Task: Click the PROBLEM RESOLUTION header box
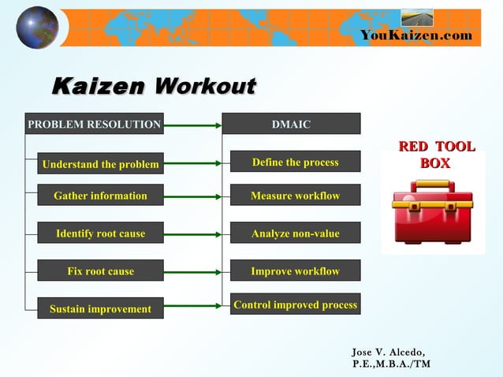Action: pyautogui.click(x=95, y=124)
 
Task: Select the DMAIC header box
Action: pyautogui.click(x=291, y=124)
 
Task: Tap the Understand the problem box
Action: pyautogui.click(x=100, y=164)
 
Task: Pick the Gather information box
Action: pyautogui.click(x=100, y=195)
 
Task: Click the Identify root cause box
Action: pyautogui.click(x=100, y=233)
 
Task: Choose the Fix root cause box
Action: pyautogui.click(x=100, y=271)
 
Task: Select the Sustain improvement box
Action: pyautogui.click(x=100, y=308)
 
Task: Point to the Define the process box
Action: pyautogui.click(x=295, y=162)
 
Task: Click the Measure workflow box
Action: pyautogui.click(x=295, y=195)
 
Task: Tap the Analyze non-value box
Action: pyautogui.click(x=295, y=233)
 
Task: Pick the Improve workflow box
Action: pyautogui.click(x=295, y=271)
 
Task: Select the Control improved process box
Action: pyautogui.click(x=295, y=304)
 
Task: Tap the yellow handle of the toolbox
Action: pyautogui.click(x=432, y=186)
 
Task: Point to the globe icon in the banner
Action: pyautogui.click(x=37, y=27)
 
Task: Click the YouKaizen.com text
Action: pyautogui.click(x=416, y=35)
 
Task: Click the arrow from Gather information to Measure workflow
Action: pyautogui.click(x=192, y=195)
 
